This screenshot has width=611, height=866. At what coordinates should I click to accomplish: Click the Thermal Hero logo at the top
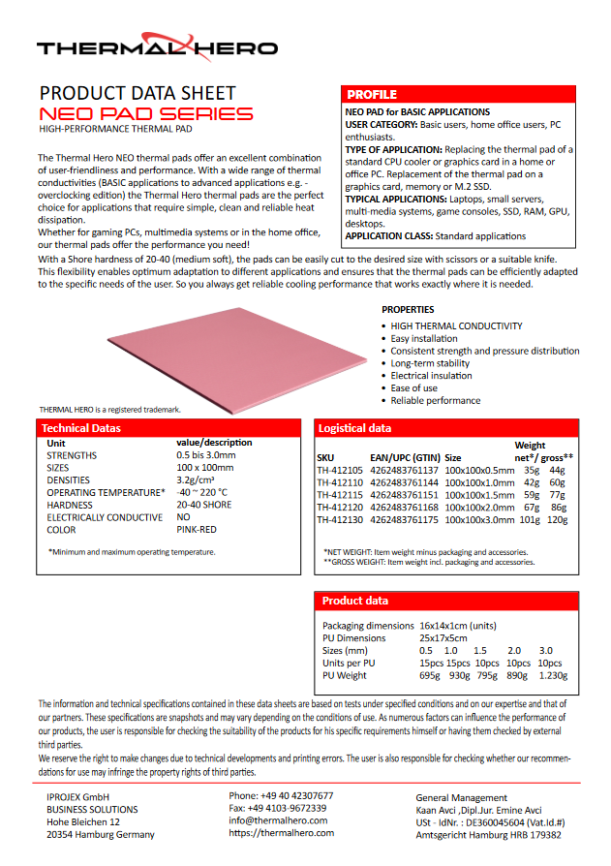[157, 46]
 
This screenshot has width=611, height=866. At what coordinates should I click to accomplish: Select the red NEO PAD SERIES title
[146, 113]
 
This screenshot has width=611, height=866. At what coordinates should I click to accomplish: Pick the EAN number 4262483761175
[404, 519]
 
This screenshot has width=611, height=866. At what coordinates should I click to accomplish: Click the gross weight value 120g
[557, 519]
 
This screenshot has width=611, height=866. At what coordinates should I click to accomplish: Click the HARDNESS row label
[70, 505]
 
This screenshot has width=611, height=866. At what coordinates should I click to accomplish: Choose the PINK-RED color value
[197, 530]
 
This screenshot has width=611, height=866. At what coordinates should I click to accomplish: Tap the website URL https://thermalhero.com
[281, 832]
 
